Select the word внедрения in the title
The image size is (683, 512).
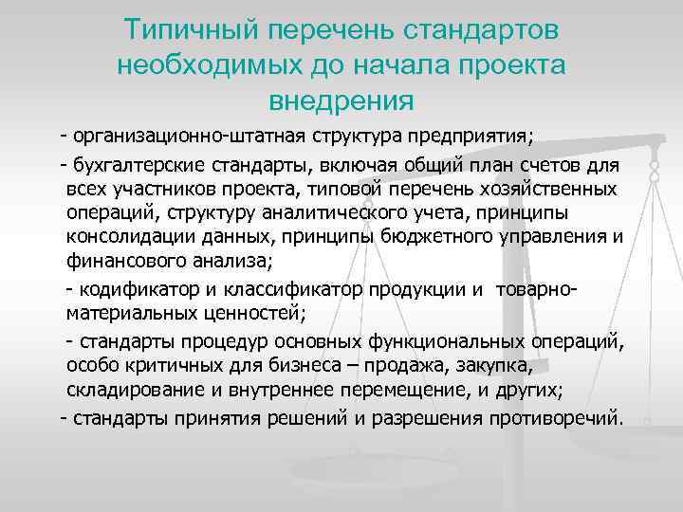point(341,98)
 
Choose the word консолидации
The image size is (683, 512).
point(126,236)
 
